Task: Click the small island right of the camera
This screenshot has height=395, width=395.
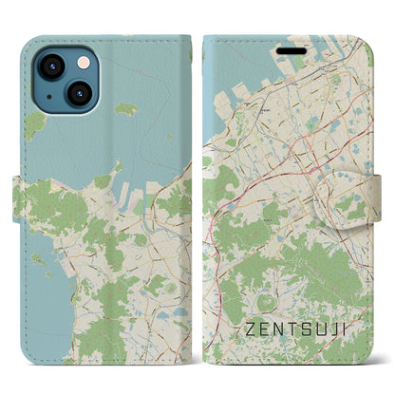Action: coord(126,110)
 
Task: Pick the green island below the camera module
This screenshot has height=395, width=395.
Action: coord(36,123)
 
